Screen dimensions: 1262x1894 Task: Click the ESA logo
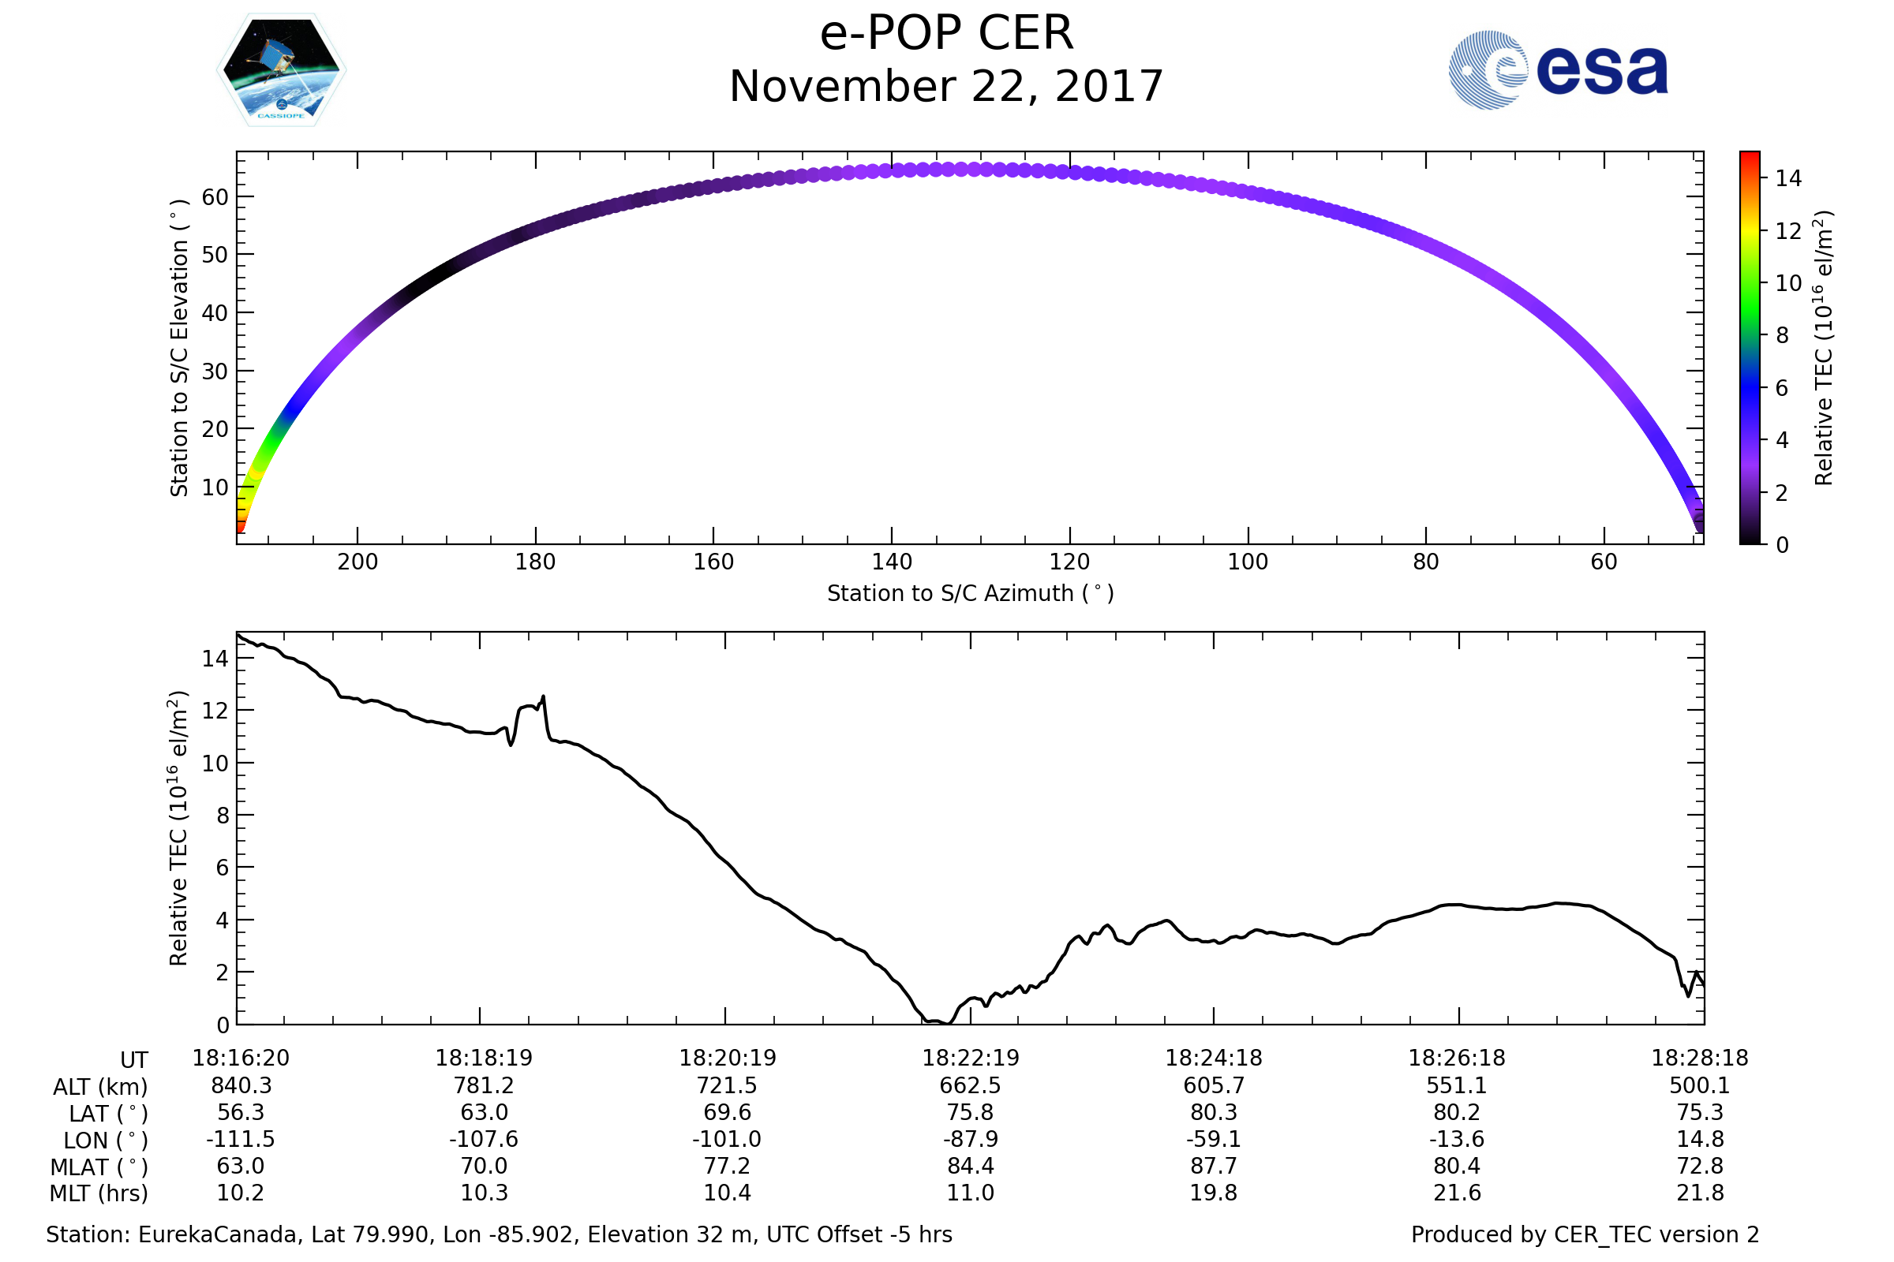tap(1557, 70)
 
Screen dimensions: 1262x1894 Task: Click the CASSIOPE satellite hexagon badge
tap(282, 70)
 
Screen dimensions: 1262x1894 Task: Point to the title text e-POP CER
tap(946, 34)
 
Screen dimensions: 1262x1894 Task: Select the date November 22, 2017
tap(946, 87)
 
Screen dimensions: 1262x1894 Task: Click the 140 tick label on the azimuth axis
tap(892, 562)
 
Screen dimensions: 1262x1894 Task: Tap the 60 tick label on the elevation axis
tap(215, 197)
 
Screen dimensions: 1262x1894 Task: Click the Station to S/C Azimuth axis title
tap(971, 593)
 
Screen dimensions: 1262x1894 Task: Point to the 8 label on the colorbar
tap(1782, 336)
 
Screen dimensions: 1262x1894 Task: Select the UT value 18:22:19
tap(971, 1058)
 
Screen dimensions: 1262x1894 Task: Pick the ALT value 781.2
tap(483, 1085)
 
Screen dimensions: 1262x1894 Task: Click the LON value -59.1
tap(1213, 1139)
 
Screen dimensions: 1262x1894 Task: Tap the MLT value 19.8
tap(1213, 1192)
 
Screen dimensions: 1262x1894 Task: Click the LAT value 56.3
tap(241, 1111)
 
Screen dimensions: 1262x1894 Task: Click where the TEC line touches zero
tap(949, 1023)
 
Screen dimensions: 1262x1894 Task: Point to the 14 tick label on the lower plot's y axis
tap(215, 659)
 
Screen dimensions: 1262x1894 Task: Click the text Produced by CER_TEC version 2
tap(1585, 1234)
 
